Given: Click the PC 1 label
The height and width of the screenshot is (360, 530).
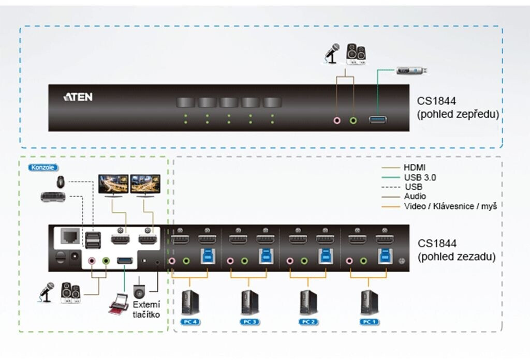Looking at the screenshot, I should click(x=369, y=322).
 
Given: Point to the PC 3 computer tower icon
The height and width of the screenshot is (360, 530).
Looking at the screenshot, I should click(x=249, y=303).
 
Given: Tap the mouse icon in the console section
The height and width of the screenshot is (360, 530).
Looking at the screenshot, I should click(x=61, y=182).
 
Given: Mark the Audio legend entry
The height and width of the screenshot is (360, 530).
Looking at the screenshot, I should click(x=415, y=196).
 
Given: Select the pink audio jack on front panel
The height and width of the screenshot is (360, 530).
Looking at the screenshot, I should click(x=337, y=121).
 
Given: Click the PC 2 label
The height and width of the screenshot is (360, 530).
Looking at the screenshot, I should click(x=309, y=322).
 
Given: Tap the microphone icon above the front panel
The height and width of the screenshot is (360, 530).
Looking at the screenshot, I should click(x=331, y=52).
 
